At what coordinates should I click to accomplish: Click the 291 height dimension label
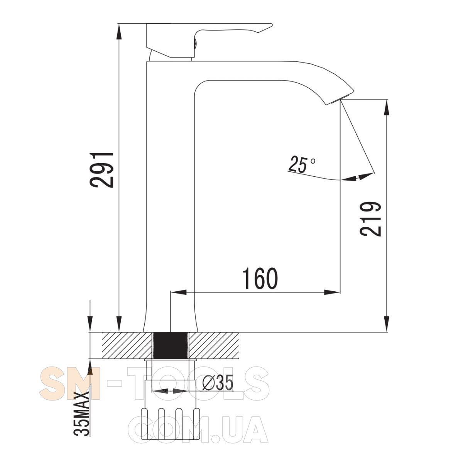101,170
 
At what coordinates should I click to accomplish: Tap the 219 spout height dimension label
370,219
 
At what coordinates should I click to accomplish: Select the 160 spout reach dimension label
260,279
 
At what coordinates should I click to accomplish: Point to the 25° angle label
302,164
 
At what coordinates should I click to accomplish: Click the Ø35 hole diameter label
218,383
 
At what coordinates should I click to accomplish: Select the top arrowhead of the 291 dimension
118,32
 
